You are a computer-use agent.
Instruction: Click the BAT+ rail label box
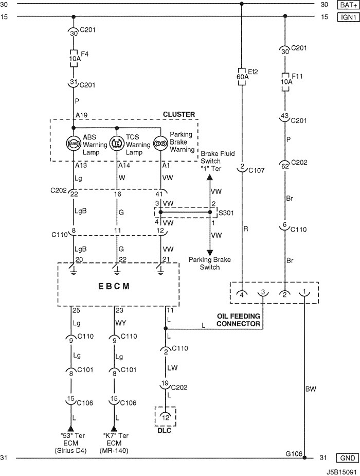[348, 5]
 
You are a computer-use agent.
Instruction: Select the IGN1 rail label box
[348, 17]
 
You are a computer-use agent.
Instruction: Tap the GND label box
[348, 458]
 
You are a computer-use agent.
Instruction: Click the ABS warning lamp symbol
[74, 143]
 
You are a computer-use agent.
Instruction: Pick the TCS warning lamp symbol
[117, 143]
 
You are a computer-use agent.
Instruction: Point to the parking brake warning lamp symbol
[160, 143]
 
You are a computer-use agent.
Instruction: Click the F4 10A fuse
[74, 58]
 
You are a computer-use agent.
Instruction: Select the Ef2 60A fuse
[242, 77]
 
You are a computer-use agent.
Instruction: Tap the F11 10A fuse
[285, 82]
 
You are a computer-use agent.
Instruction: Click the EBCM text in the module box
[114, 286]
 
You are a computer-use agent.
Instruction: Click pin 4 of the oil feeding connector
[242, 293]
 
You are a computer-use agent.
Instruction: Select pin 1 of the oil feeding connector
[304, 292]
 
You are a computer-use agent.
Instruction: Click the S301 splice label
[226, 213]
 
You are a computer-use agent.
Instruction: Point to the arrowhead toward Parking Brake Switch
[209, 253]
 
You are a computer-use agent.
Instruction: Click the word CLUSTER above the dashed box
[179, 114]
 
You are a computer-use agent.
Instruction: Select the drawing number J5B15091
[341, 472]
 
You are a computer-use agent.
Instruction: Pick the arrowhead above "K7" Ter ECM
[114, 428]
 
